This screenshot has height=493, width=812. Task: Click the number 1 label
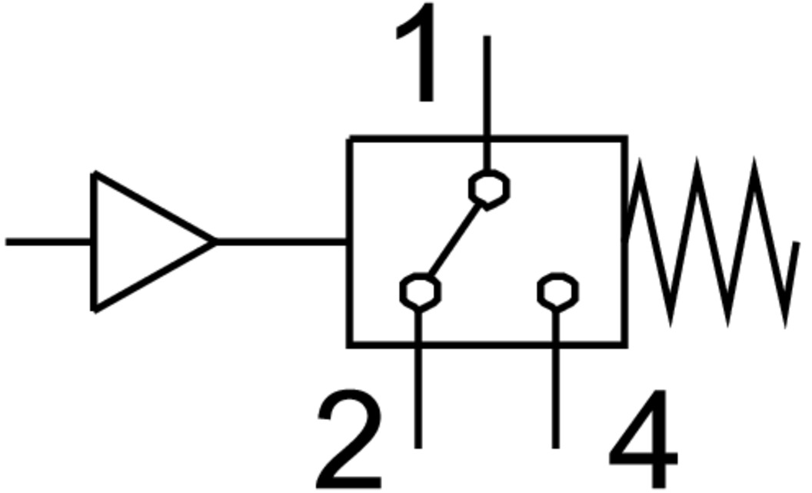coord(419,54)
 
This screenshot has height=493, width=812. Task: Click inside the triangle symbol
coord(138,242)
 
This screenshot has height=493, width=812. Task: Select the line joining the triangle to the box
coord(281,242)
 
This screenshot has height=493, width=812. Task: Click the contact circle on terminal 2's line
coord(420,291)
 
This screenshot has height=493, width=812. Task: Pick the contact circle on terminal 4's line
coord(557,291)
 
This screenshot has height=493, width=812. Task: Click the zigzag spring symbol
coord(711,242)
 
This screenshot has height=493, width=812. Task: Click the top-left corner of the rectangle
coord(350,138)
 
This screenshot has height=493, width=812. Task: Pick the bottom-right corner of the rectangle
coord(626,344)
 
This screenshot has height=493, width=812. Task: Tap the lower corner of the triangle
coord(95,309)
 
